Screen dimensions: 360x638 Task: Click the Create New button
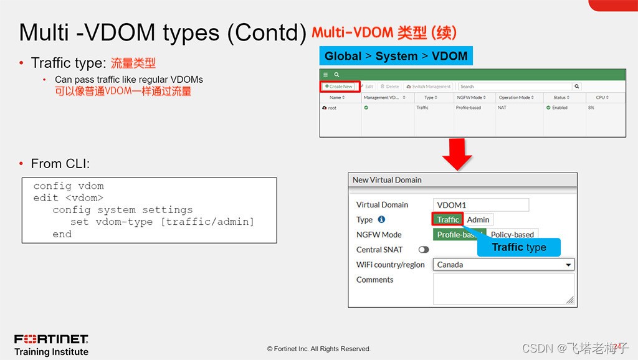pos(340,87)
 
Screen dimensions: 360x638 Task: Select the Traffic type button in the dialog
pos(447,219)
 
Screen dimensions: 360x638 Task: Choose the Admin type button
pos(478,219)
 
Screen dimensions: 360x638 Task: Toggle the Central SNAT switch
pos(424,250)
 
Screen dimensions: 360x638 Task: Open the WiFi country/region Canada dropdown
pos(503,265)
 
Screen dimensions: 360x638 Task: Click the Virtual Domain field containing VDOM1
pos(480,205)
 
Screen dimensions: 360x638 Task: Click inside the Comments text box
pos(503,288)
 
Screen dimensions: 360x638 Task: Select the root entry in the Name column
pos(331,108)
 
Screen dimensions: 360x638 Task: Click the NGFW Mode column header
pos(471,98)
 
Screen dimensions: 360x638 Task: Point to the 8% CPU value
pos(591,108)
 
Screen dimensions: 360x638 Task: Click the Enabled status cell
pos(559,108)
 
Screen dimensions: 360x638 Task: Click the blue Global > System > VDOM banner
pos(396,56)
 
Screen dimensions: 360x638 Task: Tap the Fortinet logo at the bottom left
pos(51,339)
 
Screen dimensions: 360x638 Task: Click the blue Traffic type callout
pos(518,247)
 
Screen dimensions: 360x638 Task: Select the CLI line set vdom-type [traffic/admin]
pos(162,222)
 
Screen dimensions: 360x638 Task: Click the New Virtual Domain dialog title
pos(387,180)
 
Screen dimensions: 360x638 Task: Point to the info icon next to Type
pos(381,220)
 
